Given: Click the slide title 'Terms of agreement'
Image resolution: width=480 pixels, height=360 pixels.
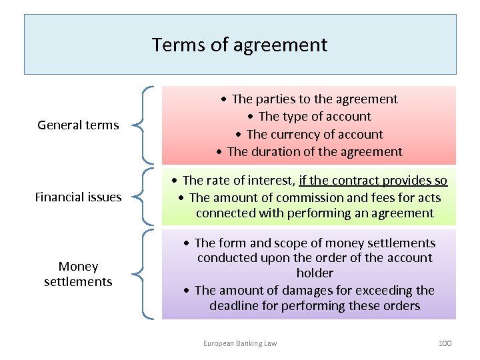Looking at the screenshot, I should click(240, 45).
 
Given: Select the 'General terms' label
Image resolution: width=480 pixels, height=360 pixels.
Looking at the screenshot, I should click(78, 125).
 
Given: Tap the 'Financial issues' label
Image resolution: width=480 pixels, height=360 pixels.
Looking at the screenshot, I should click(78, 197).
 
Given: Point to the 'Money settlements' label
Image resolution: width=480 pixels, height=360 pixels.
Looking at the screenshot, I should click(78, 274).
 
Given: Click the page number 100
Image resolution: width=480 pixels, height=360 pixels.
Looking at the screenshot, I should click(445, 343).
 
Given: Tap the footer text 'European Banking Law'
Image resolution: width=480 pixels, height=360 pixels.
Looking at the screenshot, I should click(240, 343).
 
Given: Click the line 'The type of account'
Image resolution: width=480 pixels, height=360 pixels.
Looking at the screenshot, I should click(314, 117).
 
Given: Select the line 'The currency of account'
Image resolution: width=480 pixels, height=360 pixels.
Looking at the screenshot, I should click(314, 134).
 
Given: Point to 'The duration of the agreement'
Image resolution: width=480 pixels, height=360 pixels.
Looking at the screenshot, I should click(314, 151).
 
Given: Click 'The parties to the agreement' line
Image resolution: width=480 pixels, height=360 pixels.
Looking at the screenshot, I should click(314, 99).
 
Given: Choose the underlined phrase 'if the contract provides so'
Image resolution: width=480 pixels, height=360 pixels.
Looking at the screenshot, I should click(373, 180).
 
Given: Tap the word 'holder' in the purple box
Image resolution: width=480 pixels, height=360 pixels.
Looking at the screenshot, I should click(315, 273).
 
